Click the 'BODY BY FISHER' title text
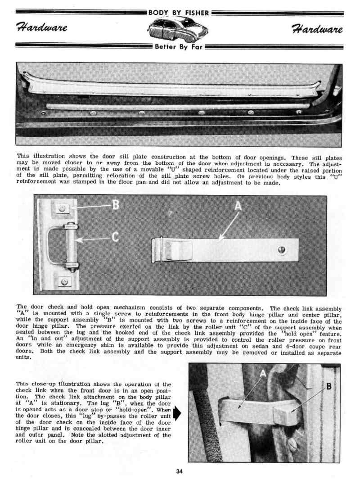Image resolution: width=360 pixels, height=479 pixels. (x=179, y=13)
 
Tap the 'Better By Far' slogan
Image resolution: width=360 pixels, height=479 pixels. (x=179, y=46)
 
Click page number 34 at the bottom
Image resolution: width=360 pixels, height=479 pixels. (x=180, y=471)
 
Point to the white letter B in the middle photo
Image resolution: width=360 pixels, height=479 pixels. (x=115, y=205)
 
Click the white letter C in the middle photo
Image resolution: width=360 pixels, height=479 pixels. (x=115, y=237)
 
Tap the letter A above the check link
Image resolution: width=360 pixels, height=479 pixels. (x=238, y=206)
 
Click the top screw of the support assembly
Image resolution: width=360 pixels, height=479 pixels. (x=63, y=208)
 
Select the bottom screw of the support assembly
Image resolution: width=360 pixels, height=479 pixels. (x=65, y=281)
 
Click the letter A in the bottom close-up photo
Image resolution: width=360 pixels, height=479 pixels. (x=263, y=373)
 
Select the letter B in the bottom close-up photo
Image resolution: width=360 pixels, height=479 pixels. (x=328, y=386)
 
